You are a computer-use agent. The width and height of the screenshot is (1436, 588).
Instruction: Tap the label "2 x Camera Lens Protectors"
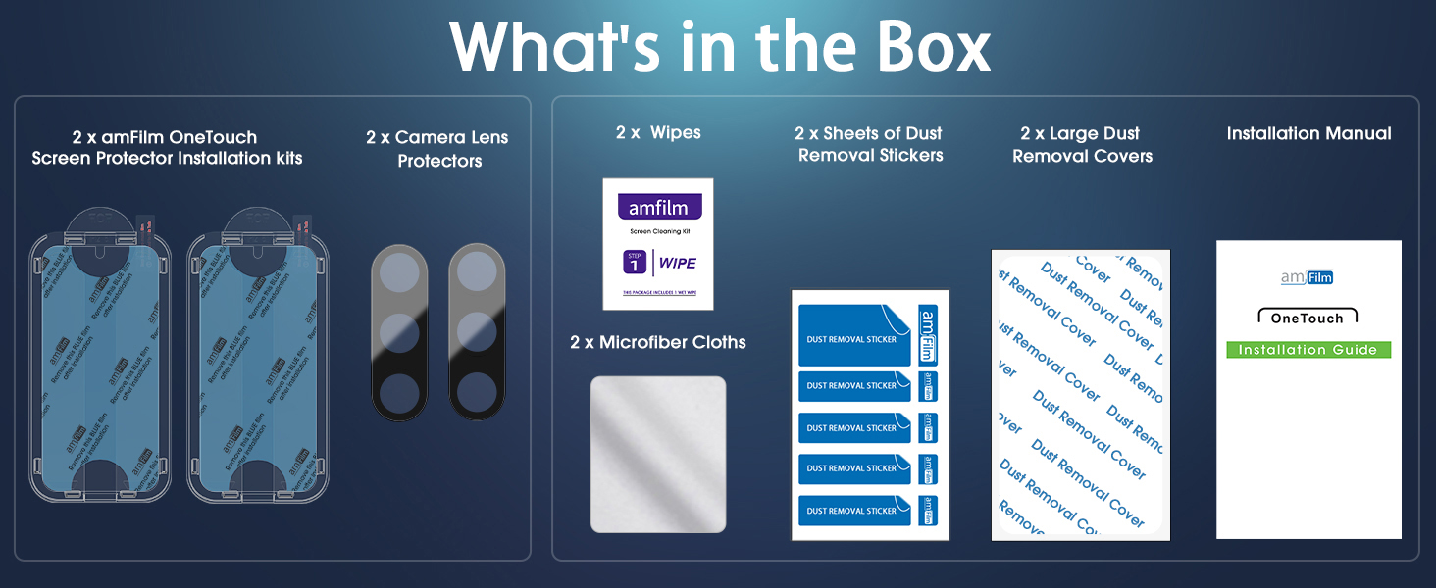(437, 149)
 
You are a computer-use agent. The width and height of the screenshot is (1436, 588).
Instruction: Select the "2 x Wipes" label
(658, 132)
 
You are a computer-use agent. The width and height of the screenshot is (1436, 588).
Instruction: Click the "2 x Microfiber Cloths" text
(658, 342)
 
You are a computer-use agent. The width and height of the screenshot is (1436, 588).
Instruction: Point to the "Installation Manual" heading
(1308, 133)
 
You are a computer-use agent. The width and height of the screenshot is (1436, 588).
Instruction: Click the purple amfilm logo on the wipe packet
(659, 208)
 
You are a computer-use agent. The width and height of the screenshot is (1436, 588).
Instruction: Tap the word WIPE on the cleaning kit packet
(677, 263)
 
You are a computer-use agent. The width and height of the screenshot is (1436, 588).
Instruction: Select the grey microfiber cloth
(658, 454)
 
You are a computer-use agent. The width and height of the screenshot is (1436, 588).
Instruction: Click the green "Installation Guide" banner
(1308, 350)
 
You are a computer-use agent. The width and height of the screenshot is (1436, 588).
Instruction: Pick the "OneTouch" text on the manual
(1308, 318)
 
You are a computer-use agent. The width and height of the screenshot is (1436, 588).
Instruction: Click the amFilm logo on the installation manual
(1308, 277)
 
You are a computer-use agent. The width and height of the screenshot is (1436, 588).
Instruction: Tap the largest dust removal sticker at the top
(854, 336)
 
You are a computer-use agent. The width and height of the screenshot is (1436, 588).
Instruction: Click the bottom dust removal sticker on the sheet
(854, 511)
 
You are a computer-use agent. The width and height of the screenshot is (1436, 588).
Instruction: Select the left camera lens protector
(399, 332)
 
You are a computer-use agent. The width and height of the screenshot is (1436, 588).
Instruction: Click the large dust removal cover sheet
(1081, 394)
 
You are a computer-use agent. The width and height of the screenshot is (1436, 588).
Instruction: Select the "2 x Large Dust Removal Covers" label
(1082, 144)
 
